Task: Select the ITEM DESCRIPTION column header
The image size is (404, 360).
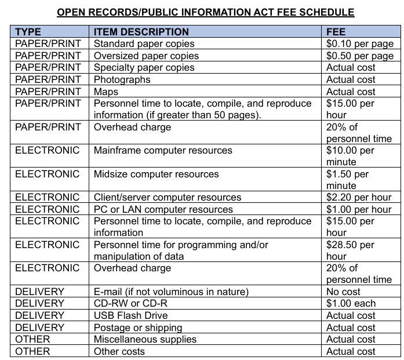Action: click(x=141, y=32)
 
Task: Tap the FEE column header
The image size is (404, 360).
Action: click(x=336, y=32)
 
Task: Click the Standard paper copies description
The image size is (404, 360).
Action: click(x=144, y=43)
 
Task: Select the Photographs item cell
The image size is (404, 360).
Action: click(x=122, y=79)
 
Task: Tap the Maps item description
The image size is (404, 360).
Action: click(x=106, y=92)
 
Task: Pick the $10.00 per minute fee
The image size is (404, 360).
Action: click(x=350, y=156)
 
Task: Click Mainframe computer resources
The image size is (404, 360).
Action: click(x=163, y=150)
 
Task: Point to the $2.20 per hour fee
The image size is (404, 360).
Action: click(x=359, y=197)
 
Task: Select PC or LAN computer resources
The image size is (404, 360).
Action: click(x=163, y=209)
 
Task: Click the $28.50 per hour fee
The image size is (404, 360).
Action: click(x=350, y=250)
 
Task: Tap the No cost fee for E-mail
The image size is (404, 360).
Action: click(x=343, y=292)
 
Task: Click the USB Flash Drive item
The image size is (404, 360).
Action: click(x=131, y=315)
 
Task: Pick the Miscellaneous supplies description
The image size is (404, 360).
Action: click(x=145, y=339)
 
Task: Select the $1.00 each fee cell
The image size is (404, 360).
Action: click(x=351, y=303)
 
